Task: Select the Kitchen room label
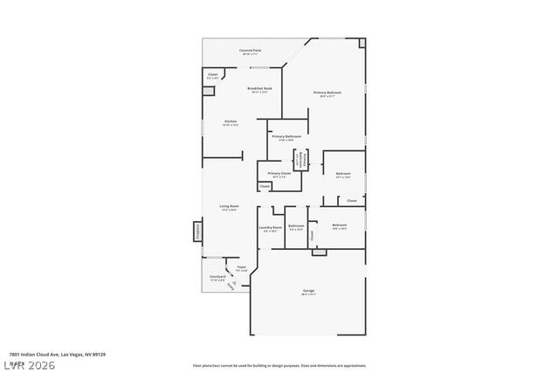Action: coord(231,122)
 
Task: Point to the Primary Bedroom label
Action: coord(328,93)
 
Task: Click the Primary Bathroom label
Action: coord(286,138)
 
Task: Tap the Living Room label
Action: coord(230,208)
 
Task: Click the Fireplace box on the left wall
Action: coord(197,232)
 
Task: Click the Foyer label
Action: coord(241,268)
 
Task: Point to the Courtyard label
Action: coord(217,278)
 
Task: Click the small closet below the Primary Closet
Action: coord(265,186)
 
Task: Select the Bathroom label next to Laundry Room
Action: coord(296,228)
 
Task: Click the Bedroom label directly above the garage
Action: coord(339,226)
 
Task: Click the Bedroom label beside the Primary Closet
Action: coord(343,175)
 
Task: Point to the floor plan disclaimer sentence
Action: coord(279,365)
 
